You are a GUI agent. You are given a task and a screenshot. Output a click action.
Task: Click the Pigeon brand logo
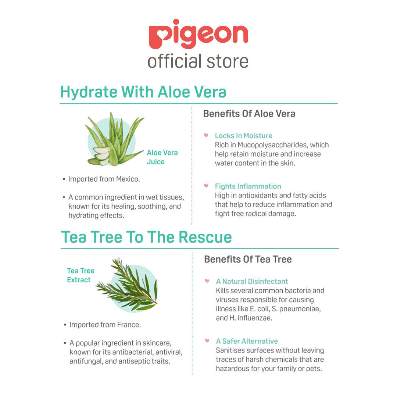click(198, 34)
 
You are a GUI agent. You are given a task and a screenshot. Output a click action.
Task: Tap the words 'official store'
click(198, 61)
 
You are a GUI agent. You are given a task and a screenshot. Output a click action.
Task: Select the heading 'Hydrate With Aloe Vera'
click(143, 92)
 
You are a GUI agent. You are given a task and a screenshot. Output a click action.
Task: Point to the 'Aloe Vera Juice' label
click(162, 157)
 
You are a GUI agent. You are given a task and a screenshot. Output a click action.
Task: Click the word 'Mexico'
click(128, 179)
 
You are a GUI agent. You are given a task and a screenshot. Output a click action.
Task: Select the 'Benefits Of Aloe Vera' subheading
click(249, 114)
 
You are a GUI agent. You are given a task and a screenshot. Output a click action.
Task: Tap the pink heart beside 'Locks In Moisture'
click(206, 135)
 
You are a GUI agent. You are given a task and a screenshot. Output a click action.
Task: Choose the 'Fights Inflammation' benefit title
click(248, 186)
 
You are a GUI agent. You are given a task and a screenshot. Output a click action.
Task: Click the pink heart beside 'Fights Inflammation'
click(206, 186)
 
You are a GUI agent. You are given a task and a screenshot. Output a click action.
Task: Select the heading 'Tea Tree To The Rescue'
click(146, 237)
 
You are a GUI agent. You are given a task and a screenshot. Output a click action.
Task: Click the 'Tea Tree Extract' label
click(81, 275)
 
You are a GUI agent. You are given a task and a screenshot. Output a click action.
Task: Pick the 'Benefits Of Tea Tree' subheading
click(248, 260)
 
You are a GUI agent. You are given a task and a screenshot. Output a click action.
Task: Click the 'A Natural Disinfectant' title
click(252, 282)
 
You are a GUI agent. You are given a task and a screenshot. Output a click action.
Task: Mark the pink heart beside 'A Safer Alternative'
click(207, 341)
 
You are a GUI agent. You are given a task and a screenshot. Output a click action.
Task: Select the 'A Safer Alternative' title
click(247, 341)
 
